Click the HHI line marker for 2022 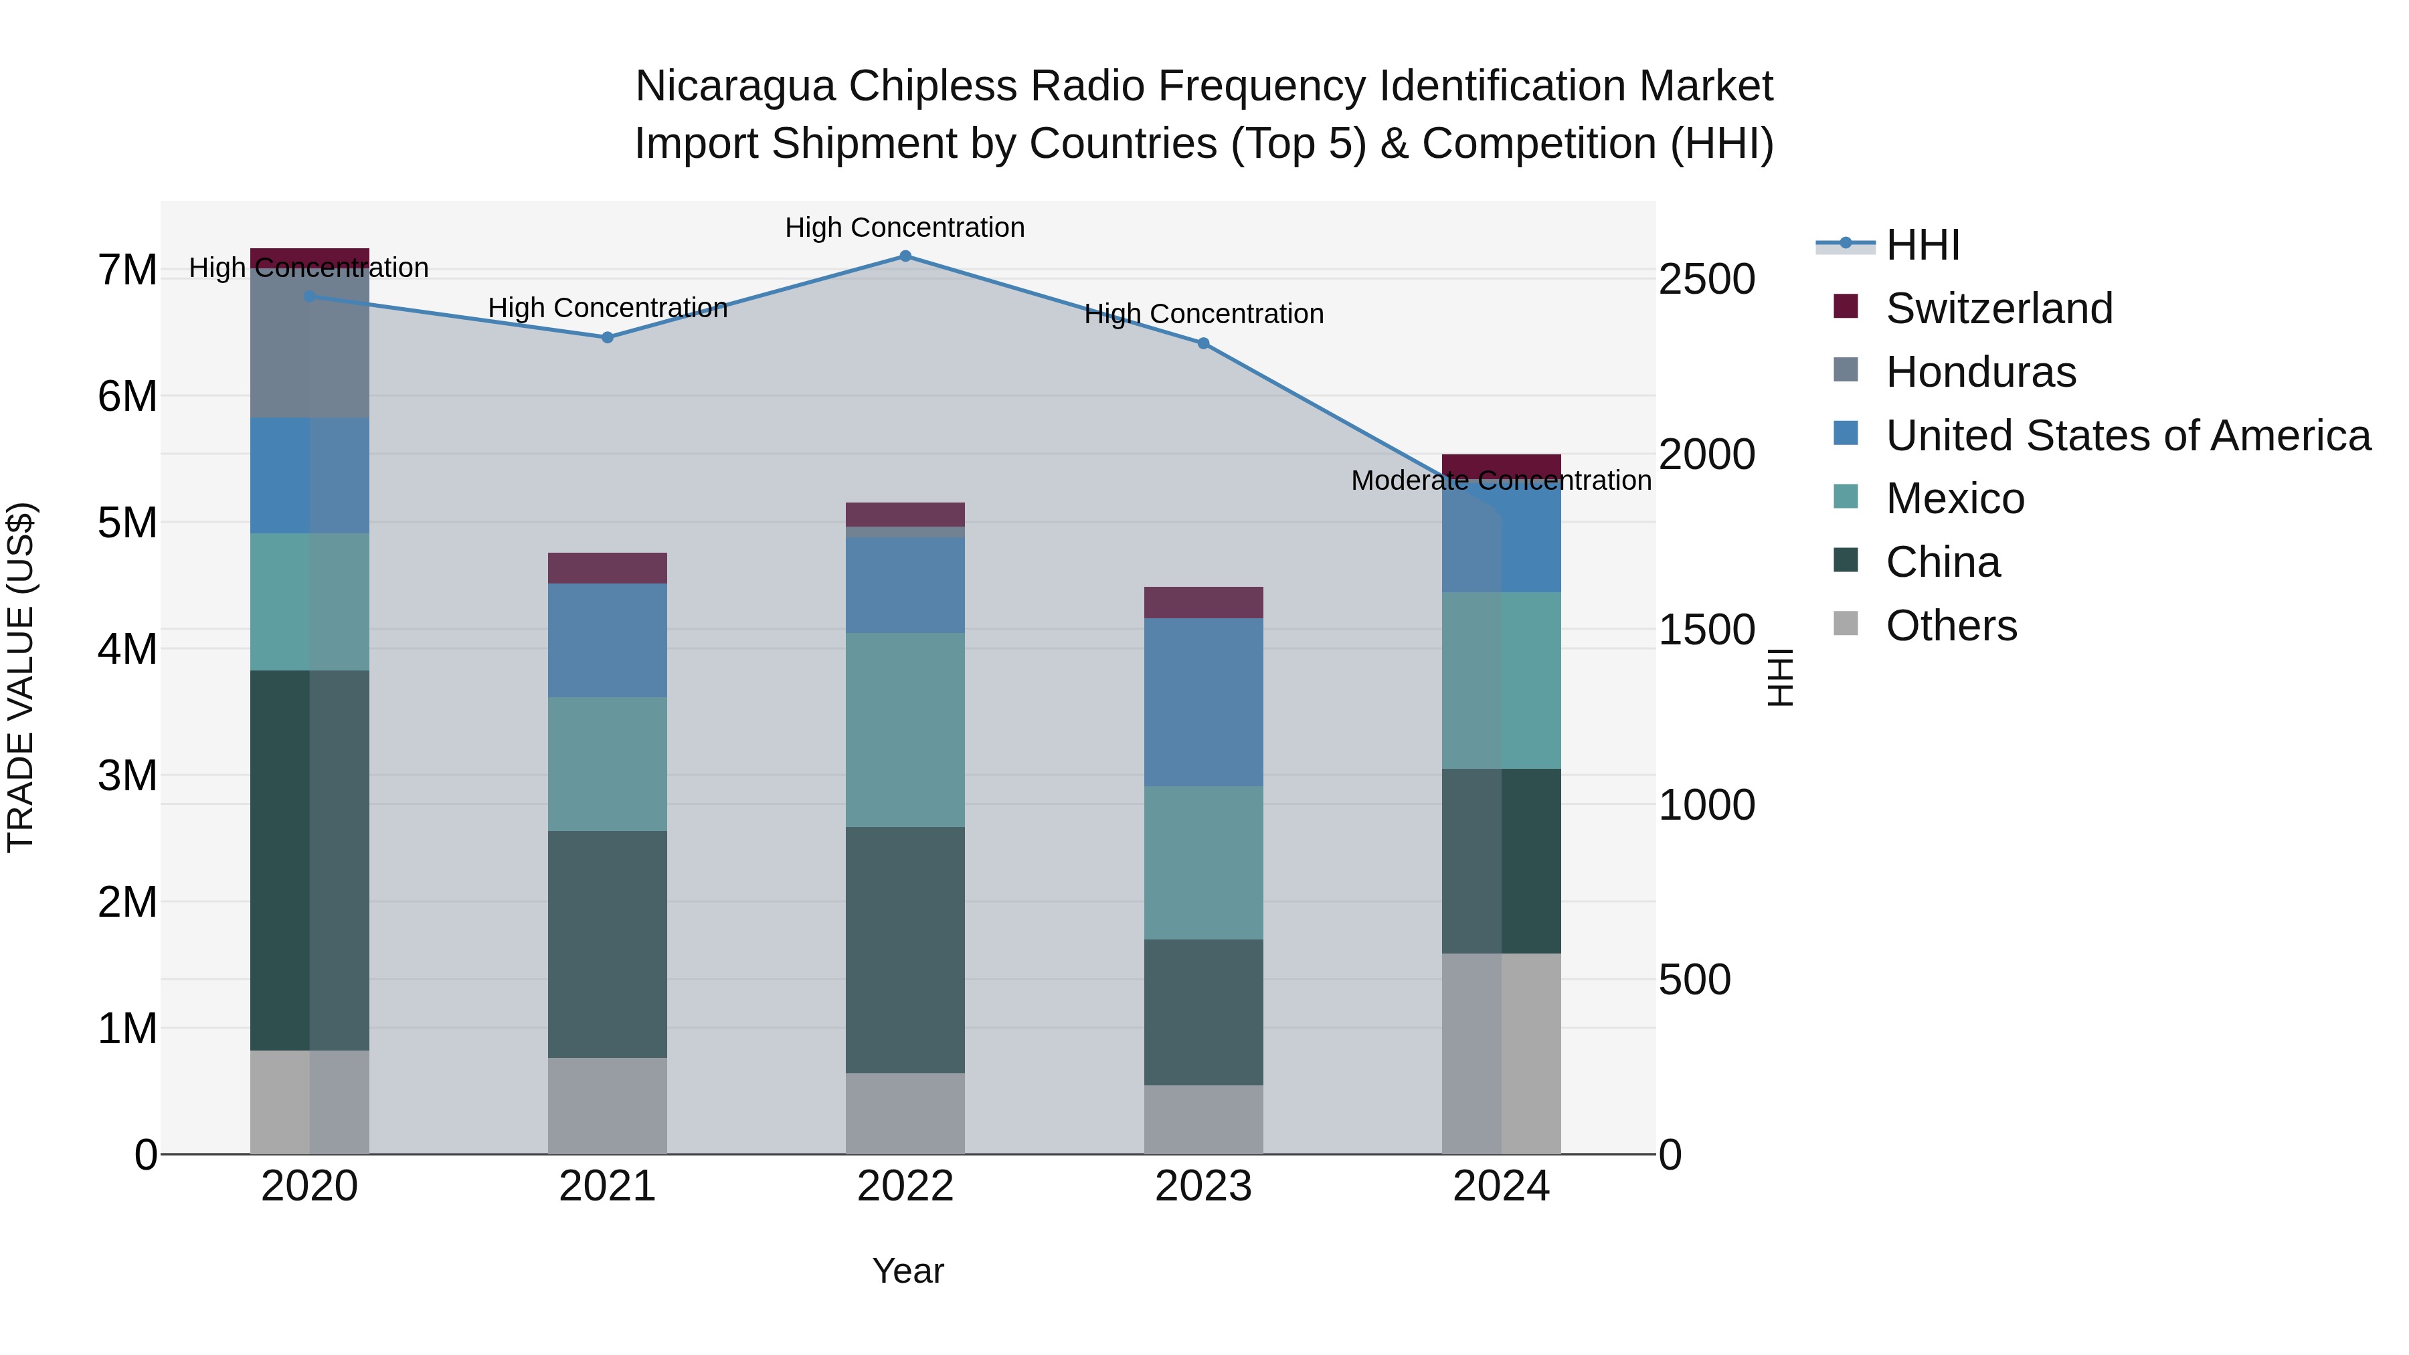point(905,256)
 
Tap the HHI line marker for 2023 point(1204,344)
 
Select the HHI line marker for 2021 point(607,338)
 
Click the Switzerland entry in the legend point(1998,308)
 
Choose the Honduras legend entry point(1980,372)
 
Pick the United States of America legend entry point(2127,436)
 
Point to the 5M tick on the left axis point(127,523)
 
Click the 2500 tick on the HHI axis point(1706,280)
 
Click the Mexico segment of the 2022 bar point(905,729)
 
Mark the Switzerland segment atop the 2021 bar point(607,567)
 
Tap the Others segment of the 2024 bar point(1501,1054)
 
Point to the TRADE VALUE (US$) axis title point(21,677)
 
